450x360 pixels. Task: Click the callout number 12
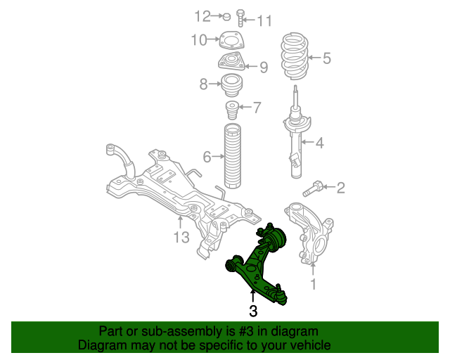202,16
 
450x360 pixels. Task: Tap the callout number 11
264,21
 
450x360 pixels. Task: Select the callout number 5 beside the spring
327,58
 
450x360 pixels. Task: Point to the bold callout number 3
253,311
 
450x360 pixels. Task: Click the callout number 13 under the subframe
181,238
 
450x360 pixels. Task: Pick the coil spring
295,56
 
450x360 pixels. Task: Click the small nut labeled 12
226,17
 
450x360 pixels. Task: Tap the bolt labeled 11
240,18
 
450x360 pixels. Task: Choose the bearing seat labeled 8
232,84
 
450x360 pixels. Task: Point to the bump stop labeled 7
232,110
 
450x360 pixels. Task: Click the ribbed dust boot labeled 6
232,156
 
